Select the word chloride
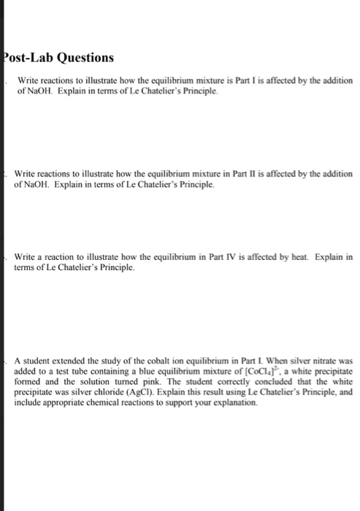pyautogui.click(x=107, y=391)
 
